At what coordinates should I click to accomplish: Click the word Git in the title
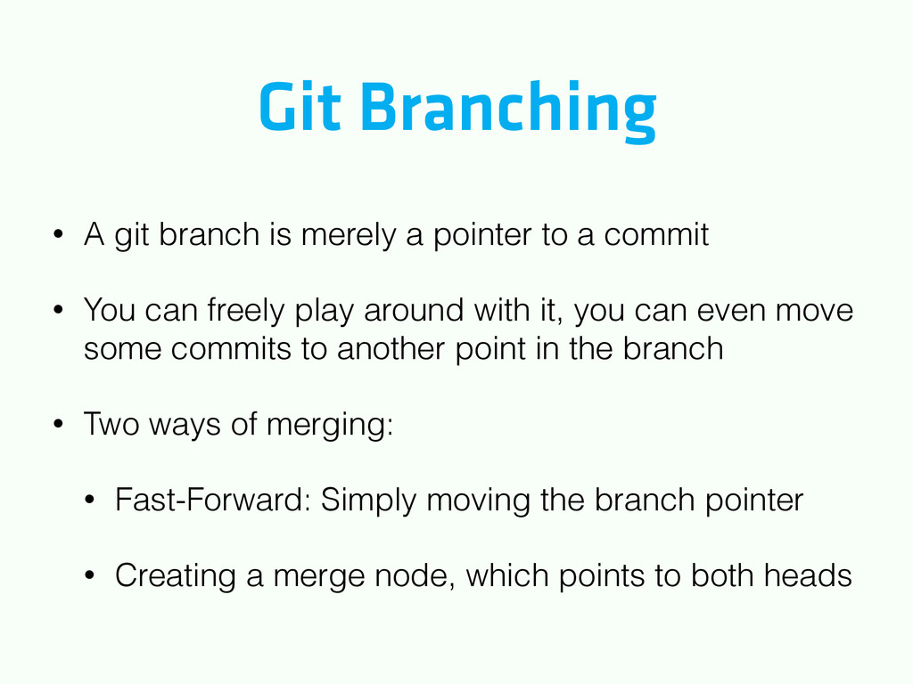tap(300, 107)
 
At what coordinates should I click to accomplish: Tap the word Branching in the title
tap(509, 111)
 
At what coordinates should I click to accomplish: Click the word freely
tap(245, 311)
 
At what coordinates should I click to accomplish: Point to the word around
tap(414, 309)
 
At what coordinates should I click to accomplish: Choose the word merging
tap(330, 425)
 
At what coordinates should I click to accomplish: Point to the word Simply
tap(368, 501)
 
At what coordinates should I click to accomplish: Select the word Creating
tap(176, 576)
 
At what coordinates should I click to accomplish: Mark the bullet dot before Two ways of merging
tap(58, 423)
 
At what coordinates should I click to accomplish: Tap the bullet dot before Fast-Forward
tap(89, 500)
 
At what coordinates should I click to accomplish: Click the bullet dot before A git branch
tap(58, 234)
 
